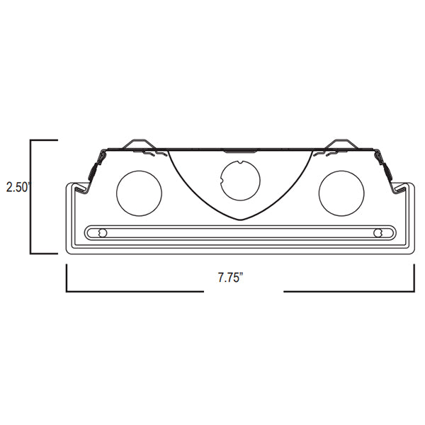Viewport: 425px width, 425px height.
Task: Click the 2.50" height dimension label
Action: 16,188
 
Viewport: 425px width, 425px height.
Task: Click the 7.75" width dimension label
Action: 231,278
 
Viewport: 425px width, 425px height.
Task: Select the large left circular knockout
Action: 138,193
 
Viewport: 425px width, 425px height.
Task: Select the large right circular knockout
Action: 341,193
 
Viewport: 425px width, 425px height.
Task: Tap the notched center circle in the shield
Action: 240,180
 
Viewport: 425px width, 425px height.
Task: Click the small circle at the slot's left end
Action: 103,232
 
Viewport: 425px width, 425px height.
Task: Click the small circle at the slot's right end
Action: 378,232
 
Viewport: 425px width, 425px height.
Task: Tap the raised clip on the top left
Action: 139,144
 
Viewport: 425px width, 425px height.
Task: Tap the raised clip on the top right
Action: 340,144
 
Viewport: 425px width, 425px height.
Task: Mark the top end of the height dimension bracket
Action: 31,142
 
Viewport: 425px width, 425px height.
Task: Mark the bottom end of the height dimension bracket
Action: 31,252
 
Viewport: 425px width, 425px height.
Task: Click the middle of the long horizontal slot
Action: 240,232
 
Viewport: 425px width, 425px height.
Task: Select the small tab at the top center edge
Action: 239,150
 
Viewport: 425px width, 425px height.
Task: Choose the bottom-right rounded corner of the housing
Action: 410,249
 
